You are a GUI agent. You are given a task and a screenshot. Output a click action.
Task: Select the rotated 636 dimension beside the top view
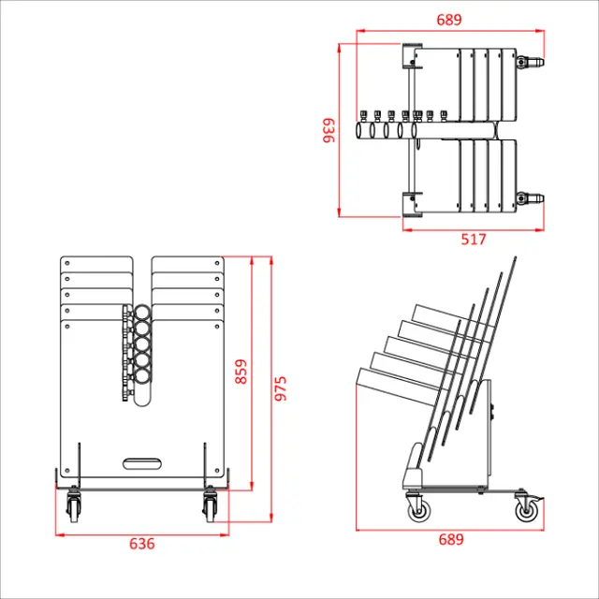tap(329, 130)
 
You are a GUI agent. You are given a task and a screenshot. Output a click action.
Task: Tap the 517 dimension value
tap(474, 239)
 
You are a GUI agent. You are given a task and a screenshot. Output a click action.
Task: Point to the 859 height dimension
tap(241, 373)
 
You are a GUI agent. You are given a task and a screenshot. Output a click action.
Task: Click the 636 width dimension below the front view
tap(141, 544)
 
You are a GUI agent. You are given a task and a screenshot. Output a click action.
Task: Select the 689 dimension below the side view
tap(450, 540)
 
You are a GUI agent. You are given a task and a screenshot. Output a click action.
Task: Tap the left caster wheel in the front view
tap(74, 508)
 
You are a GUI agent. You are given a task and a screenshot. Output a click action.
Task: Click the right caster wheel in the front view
tap(209, 508)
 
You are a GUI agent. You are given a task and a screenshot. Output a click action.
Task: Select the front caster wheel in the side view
tap(417, 509)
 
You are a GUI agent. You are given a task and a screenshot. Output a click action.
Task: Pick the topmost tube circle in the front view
tap(143, 313)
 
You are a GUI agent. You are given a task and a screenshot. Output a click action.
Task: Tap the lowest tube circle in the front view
tap(143, 376)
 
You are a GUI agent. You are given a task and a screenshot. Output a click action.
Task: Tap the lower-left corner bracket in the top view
tap(410, 203)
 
